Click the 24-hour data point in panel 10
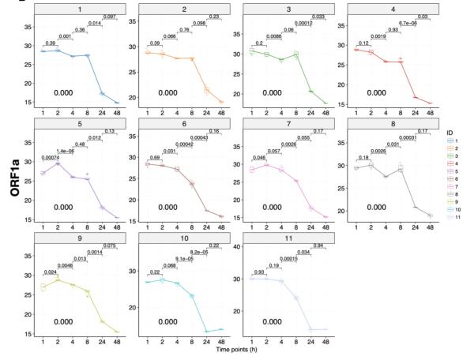tap(206, 331)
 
